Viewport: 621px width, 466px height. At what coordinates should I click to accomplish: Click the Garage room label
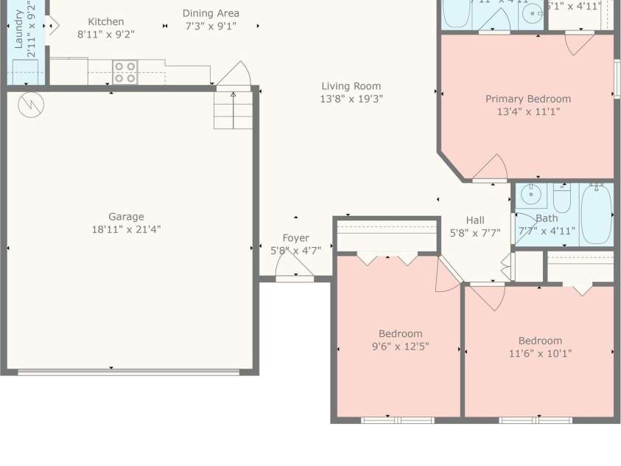pyautogui.click(x=126, y=217)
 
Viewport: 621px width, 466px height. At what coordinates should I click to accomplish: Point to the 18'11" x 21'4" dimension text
pyautogui.click(x=126, y=229)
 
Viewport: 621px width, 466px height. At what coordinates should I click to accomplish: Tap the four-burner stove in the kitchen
pyautogui.click(x=124, y=72)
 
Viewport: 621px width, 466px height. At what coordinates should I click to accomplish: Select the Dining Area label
pyautogui.click(x=211, y=13)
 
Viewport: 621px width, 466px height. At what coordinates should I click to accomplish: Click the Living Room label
pyautogui.click(x=351, y=86)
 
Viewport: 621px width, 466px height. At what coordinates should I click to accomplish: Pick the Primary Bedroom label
pyautogui.click(x=527, y=99)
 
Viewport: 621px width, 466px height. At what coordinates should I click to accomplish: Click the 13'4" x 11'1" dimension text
pyautogui.click(x=527, y=112)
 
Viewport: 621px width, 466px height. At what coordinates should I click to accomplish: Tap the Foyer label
pyautogui.click(x=295, y=238)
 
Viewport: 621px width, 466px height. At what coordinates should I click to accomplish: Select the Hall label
pyautogui.click(x=475, y=220)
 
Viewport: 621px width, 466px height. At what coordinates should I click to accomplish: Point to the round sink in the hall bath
pyautogui.click(x=530, y=196)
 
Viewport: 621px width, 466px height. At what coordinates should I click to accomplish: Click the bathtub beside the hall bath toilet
pyautogui.click(x=596, y=215)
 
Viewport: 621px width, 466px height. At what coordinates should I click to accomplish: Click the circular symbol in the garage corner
pyautogui.click(x=31, y=105)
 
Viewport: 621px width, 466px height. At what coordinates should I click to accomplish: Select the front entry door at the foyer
pyautogui.click(x=295, y=275)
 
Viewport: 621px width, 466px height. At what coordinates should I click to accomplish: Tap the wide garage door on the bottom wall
pyautogui.click(x=129, y=372)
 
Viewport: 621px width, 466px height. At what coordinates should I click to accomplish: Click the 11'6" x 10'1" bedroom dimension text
pyautogui.click(x=540, y=353)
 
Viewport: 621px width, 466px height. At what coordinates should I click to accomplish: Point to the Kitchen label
pyautogui.click(x=106, y=22)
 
